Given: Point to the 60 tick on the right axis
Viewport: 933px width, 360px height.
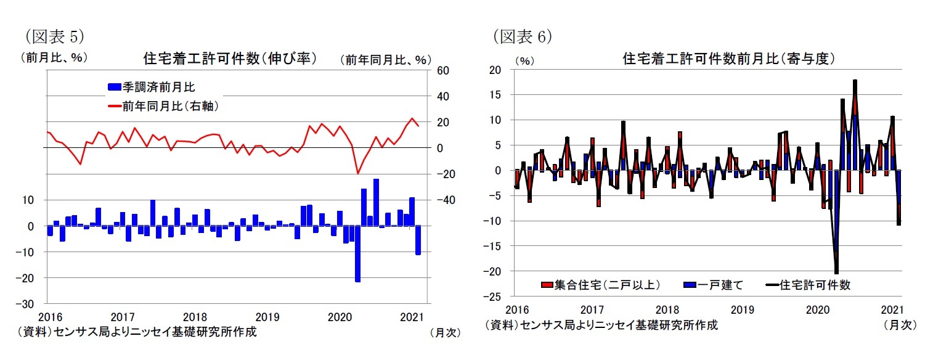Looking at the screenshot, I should tap(444, 70).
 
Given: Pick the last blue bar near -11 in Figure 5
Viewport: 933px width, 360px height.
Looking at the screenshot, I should tap(418, 240).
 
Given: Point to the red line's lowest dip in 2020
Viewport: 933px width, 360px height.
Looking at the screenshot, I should tap(357, 173).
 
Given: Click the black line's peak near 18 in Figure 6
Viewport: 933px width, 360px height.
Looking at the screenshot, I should tap(855, 80).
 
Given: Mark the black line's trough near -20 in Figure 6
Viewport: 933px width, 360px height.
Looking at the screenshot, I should tap(836, 272).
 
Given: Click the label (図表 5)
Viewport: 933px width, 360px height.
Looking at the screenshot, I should tap(52, 36).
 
